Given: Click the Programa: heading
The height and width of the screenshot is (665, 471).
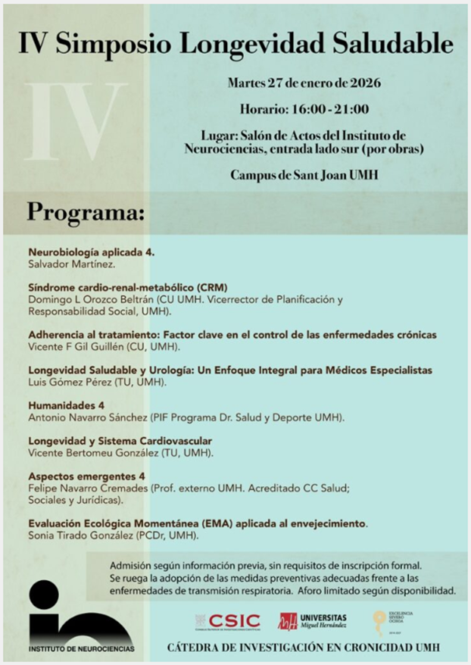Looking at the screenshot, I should (86, 211).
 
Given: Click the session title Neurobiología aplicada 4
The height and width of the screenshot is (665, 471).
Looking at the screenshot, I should (91, 251).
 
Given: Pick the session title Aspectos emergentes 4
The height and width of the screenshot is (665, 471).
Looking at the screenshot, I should (86, 476).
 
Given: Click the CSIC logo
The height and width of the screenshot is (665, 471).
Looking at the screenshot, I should (227, 621).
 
